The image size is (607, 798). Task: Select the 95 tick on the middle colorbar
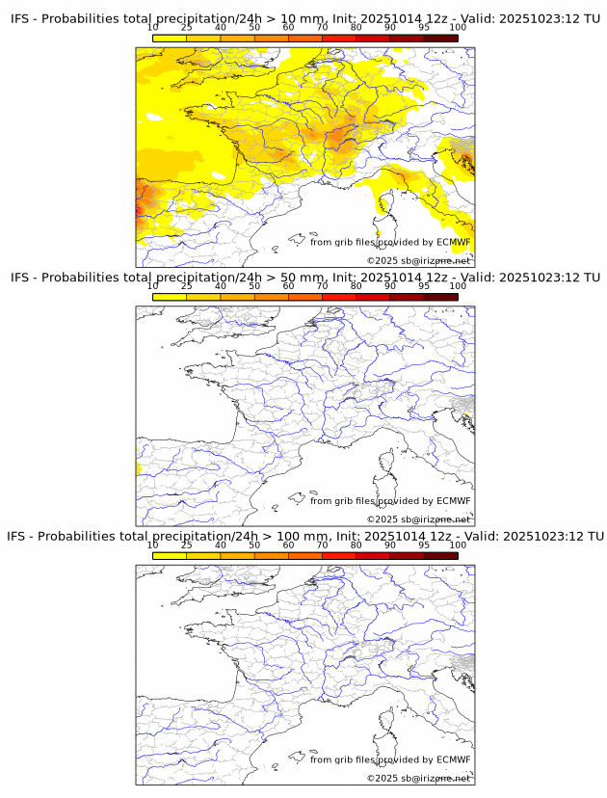tap(424, 285)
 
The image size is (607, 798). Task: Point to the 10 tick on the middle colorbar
tap(153, 285)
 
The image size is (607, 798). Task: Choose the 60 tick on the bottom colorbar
tap(288, 545)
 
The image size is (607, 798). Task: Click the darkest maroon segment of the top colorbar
tap(440, 38)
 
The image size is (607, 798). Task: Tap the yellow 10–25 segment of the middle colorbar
tap(170, 297)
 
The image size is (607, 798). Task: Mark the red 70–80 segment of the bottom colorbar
tap(339, 556)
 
